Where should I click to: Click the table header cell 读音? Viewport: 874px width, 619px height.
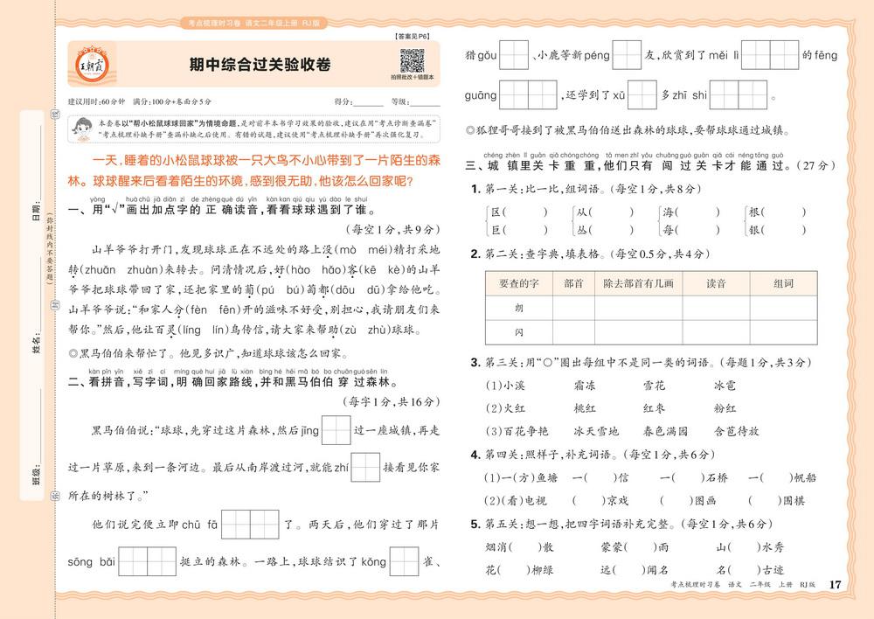[716, 282]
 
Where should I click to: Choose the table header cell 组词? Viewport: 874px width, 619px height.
[783, 282]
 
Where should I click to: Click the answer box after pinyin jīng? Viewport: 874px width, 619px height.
[336, 430]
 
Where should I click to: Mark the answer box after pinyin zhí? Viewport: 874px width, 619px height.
[365, 468]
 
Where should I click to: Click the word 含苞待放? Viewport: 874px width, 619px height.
[736, 431]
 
